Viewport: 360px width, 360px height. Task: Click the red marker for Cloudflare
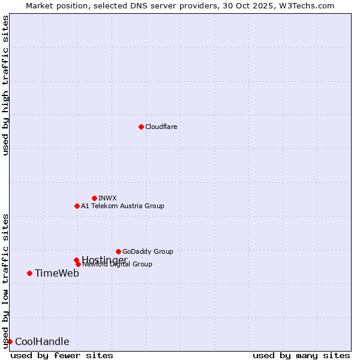(141, 127)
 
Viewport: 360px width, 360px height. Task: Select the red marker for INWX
(94, 198)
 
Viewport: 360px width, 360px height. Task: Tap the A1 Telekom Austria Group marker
(77, 206)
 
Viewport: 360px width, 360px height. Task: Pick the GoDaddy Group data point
(118, 251)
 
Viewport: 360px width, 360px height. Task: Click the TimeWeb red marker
(29, 273)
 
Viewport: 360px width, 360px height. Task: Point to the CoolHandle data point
(10, 341)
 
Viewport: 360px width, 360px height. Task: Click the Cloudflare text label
(161, 127)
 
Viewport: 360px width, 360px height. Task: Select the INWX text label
(107, 198)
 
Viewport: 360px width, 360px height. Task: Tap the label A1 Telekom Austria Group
(122, 206)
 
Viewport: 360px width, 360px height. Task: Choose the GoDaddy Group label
(148, 251)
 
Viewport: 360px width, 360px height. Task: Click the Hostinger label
(104, 260)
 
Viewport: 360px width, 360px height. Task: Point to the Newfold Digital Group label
(118, 265)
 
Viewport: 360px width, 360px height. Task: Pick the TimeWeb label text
(57, 273)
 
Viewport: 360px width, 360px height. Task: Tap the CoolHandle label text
(42, 341)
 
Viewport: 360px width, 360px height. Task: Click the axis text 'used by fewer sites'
(62, 355)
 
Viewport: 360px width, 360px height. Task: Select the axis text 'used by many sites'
(301, 355)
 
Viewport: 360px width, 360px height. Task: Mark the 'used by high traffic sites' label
(5, 85)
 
